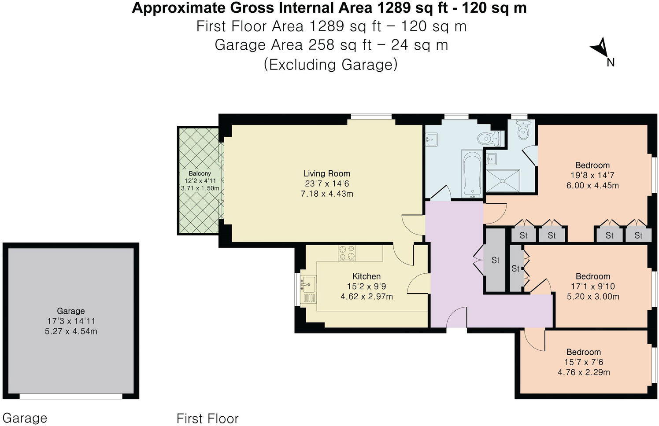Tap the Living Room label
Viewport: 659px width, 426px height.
coord(327,173)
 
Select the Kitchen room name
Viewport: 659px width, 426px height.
coord(367,276)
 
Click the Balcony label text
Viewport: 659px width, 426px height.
coord(200,173)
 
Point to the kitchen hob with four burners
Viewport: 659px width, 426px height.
coord(347,253)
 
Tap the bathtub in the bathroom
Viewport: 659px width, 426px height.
coord(472,174)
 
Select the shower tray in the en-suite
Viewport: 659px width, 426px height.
coord(503,181)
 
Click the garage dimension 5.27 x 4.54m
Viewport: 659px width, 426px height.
coord(71,331)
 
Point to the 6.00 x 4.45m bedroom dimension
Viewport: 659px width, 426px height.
coord(592,186)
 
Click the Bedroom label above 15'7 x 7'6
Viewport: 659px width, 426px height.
coord(584,352)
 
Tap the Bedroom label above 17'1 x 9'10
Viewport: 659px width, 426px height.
coord(593,276)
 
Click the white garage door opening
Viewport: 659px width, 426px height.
coord(71,397)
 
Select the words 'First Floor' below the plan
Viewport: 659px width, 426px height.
coord(208,419)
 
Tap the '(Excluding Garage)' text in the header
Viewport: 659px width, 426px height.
coord(330,64)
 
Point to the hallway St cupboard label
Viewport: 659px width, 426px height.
coord(496,260)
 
